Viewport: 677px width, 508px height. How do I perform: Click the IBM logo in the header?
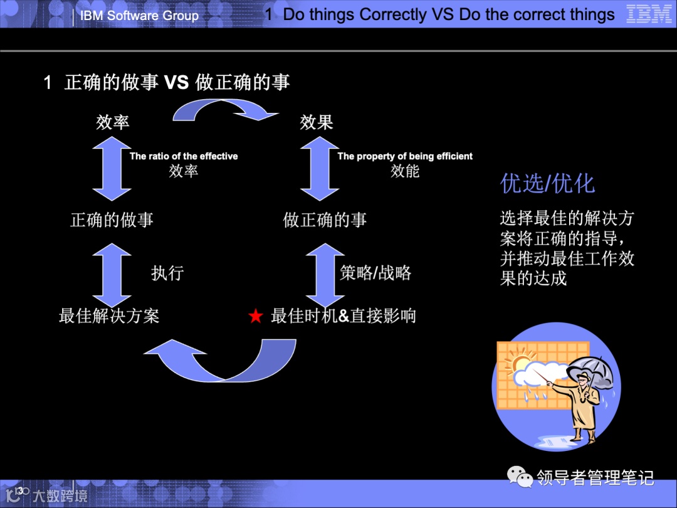click(x=649, y=14)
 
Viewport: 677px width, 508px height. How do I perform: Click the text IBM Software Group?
click(x=139, y=16)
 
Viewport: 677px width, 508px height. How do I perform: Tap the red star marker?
click(x=255, y=317)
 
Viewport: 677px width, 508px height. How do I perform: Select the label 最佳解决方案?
click(x=109, y=315)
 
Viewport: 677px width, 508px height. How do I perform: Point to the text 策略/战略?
click(x=375, y=273)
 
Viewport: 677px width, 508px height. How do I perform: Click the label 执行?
click(x=167, y=273)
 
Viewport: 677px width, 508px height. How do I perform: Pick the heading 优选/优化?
click(x=547, y=184)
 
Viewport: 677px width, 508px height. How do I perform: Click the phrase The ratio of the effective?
click(x=184, y=156)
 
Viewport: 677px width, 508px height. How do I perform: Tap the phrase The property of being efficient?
click(x=405, y=156)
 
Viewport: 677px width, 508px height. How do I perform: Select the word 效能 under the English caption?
click(x=405, y=171)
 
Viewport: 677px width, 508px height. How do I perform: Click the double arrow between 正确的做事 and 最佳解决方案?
click(x=112, y=273)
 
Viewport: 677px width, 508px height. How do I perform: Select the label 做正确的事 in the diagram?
click(x=325, y=220)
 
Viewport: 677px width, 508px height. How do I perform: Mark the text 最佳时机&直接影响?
click(x=343, y=315)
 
